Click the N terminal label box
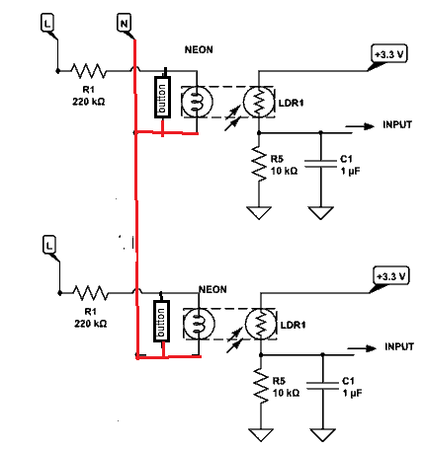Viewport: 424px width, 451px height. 124,23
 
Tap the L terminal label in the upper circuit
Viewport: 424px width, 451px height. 47,23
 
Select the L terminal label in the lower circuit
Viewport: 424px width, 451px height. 49,245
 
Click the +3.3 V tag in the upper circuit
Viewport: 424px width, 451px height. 389,53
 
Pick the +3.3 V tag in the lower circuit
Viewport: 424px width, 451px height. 391,275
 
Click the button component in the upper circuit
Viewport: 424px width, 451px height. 163,97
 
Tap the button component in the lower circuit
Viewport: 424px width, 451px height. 162,321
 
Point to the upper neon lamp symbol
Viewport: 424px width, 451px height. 198,102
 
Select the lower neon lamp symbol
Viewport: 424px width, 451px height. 200,324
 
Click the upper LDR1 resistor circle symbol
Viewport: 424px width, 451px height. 259,102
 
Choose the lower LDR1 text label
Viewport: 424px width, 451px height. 293,325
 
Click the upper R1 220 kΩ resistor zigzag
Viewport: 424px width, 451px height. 89,71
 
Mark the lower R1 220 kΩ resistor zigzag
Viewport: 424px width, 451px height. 91,293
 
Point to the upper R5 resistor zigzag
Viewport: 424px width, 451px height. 259,163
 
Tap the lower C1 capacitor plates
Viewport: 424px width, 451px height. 323,386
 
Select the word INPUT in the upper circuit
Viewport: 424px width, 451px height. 397,124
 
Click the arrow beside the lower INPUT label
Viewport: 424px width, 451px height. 362,348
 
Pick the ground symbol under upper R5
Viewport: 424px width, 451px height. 259,212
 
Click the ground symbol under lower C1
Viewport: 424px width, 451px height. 323,434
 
